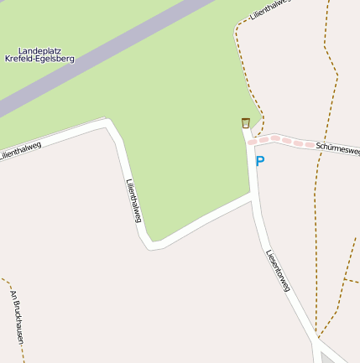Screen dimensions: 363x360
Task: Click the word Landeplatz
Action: point(46,50)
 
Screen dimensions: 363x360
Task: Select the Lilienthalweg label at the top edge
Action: point(276,10)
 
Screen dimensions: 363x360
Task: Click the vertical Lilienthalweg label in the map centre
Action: point(133,201)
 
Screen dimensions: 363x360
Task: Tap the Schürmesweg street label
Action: point(338,148)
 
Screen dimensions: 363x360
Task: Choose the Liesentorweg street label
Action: point(278,271)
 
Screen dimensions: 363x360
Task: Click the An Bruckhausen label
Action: point(16,316)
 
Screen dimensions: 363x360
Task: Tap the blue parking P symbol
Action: point(260,161)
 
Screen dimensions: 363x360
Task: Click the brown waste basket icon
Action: point(246,123)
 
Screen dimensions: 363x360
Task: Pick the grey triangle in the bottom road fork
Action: point(327,358)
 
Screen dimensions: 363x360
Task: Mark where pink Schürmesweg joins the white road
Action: point(251,143)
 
